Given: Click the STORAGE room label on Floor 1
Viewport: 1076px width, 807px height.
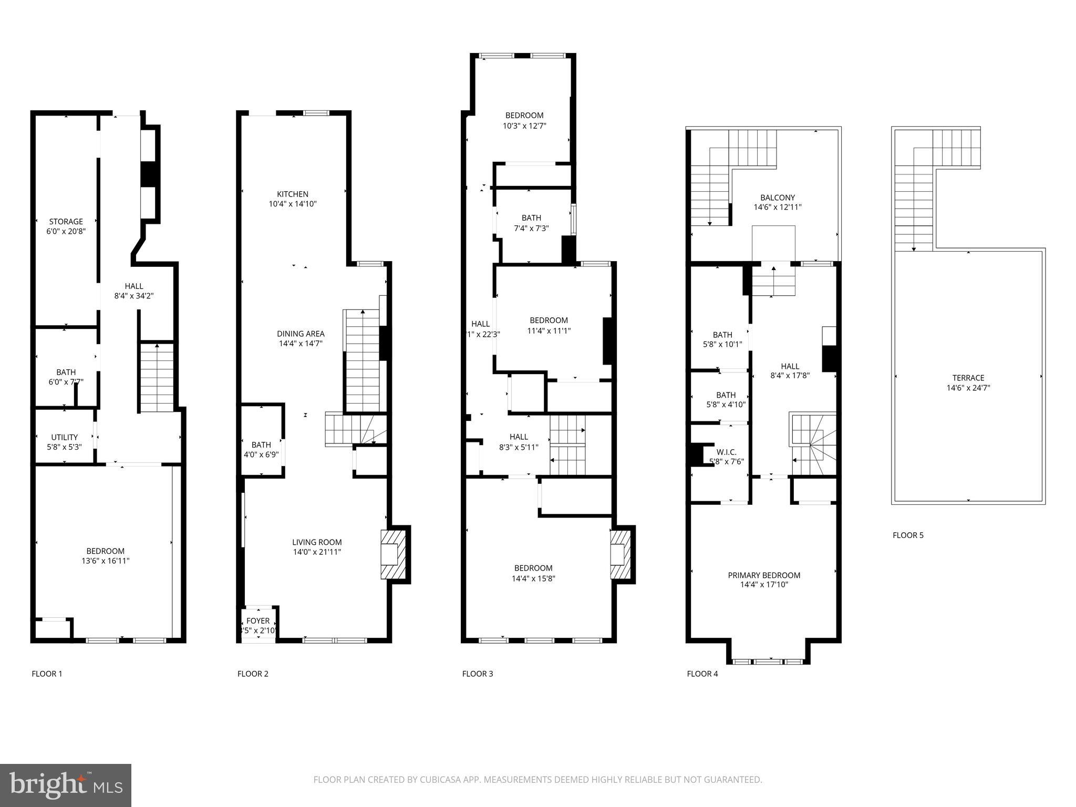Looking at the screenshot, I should click(66, 222).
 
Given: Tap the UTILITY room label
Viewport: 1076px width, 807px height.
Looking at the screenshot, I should click(64, 437).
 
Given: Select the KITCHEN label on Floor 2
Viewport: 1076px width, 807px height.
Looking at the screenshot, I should click(293, 194).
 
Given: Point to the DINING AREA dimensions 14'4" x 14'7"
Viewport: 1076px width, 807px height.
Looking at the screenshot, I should click(301, 344).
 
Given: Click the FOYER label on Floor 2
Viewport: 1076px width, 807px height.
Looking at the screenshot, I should click(257, 621).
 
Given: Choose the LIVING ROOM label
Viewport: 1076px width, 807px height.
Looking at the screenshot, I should click(317, 542).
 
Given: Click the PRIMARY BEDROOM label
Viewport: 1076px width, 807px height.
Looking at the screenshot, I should click(763, 575).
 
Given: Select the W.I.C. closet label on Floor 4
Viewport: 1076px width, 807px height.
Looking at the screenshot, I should click(726, 452).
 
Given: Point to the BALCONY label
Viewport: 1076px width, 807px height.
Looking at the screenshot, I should click(777, 198).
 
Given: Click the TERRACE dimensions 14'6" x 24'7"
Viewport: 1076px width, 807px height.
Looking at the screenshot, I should click(968, 388).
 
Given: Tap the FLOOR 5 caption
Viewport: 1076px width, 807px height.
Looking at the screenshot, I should click(907, 535).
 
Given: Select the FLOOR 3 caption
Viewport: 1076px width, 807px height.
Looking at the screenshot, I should click(477, 674).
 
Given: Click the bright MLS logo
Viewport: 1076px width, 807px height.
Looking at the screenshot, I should click(66, 785).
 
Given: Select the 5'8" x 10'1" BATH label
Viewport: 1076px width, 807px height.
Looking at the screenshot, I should click(722, 335).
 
